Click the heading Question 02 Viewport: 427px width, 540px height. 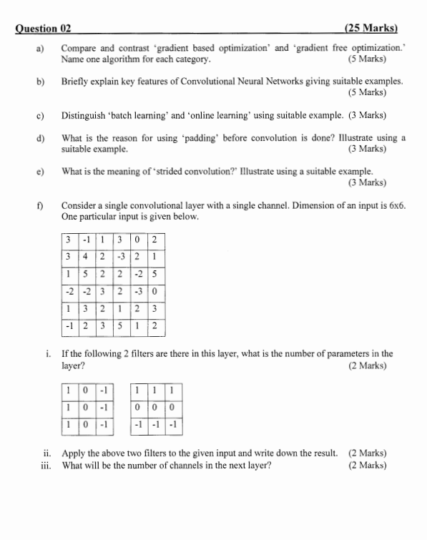click(44, 29)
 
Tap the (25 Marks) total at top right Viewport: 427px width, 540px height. click(370, 29)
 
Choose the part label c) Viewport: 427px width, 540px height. click(41, 115)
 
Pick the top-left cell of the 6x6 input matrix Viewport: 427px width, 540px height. click(68, 239)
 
